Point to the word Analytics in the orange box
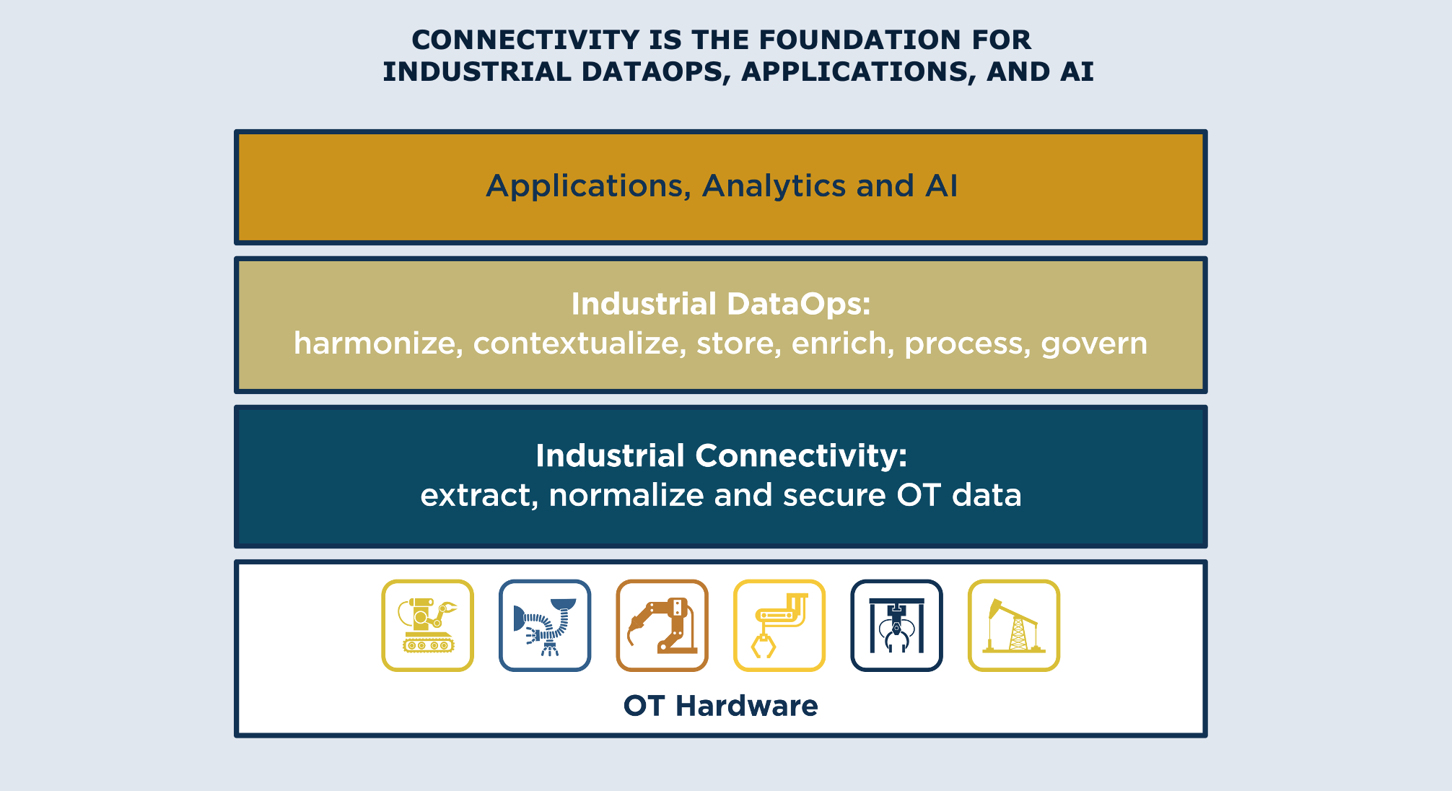774,186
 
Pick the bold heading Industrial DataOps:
721,305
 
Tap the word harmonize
378,344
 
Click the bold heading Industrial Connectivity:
721,456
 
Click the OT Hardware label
720,706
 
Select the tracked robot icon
428,626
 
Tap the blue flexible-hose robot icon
545,626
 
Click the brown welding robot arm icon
662,626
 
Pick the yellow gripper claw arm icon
779,626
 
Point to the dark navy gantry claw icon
897,626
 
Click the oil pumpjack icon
1014,626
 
